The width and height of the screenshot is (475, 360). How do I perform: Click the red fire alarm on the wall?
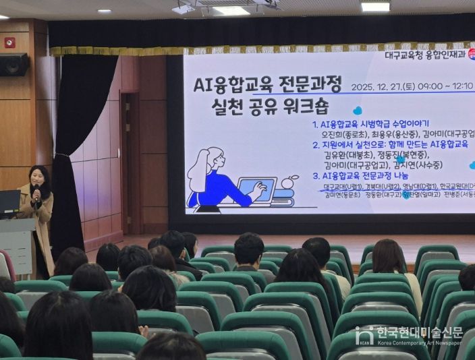pyautogui.click(x=9, y=42)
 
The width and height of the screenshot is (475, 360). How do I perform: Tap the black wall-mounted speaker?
pyautogui.click(x=13, y=65)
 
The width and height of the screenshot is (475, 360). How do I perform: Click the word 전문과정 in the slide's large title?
pyautogui.click(x=313, y=83)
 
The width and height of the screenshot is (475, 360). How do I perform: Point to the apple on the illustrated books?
pyautogui.click(x=291, y=181)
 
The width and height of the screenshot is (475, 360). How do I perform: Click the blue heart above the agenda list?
pyautogui.click(x=357, y=110)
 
